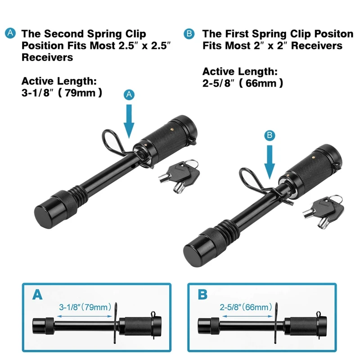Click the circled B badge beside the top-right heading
tap(189, 33)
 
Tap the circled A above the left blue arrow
tap(129, 94)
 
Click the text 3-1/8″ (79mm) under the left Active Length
tap(62, 93)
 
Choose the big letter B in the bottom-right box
tap(203, 295)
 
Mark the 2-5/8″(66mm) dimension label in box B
tap(246, 308)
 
